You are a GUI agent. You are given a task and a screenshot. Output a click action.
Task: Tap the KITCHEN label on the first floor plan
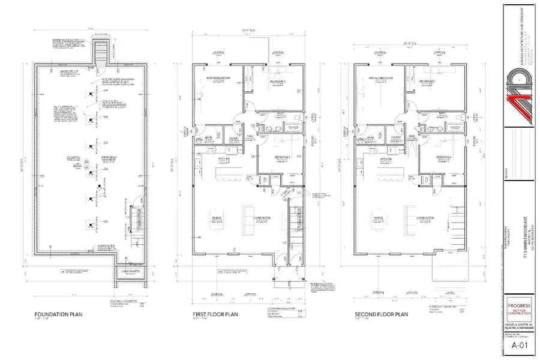pos(209,158)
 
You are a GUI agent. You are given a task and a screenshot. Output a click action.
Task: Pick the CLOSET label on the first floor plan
pos(233,137)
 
